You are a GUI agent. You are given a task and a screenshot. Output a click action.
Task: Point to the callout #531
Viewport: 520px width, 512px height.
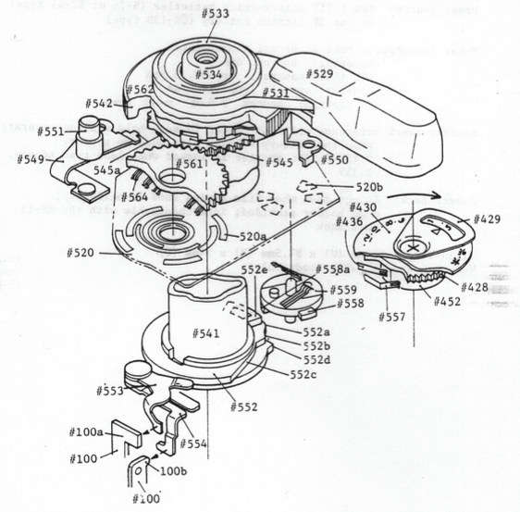[276, 93]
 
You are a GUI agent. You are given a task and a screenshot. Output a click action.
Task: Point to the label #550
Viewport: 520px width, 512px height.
[335, 160]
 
